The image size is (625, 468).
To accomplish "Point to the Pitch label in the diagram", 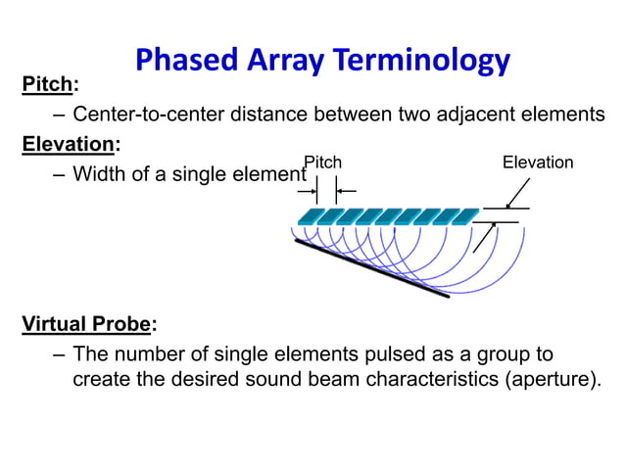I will (323, 162).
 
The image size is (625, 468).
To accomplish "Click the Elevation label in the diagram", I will (537, 163).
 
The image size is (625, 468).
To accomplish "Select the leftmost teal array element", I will (311, 215).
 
